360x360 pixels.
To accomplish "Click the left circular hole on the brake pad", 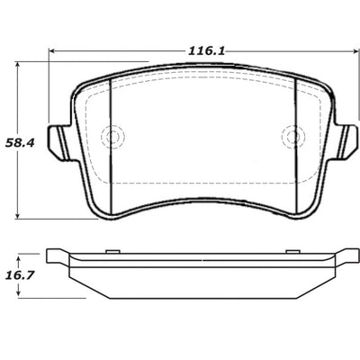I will click(x=112, y=138).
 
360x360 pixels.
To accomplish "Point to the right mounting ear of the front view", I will click(x=346, y=139).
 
